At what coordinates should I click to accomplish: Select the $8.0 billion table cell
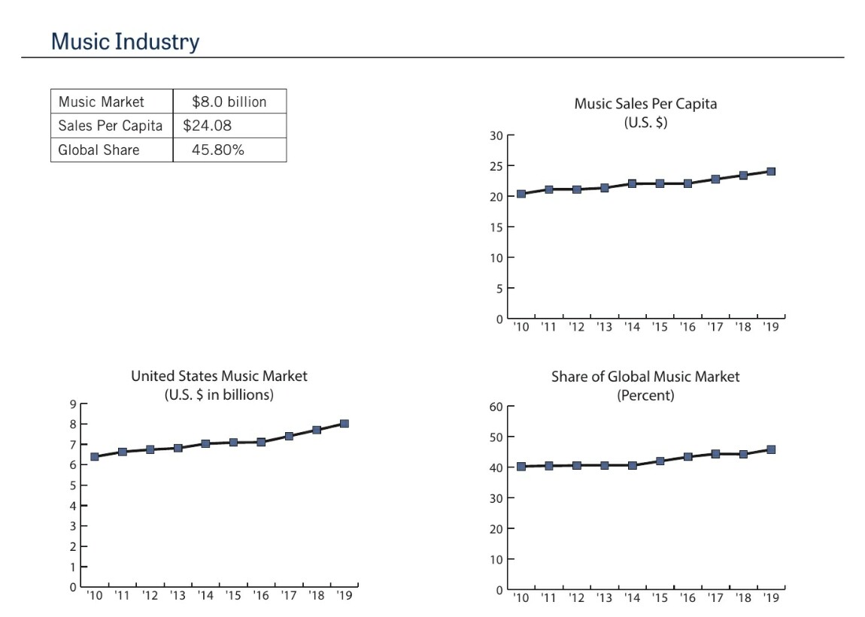tap(229, 101)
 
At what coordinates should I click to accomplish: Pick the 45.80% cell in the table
tap(218, 150)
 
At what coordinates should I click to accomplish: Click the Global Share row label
tap(99, 150)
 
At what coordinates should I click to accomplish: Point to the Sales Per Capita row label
tap(110, 126)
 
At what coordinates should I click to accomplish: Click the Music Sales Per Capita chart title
tap(645, 104)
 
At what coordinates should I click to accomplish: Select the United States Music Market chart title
tap(219, 376)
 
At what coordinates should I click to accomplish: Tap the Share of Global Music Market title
tap(645, 377)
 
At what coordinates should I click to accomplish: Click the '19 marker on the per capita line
tap(771, 171)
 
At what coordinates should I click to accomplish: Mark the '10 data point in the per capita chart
tap(521, 194)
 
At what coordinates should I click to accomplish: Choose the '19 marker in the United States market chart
tap(344, 424)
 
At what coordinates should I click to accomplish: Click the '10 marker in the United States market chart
tap(95, 457)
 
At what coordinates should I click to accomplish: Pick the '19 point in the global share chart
tap(771, 449)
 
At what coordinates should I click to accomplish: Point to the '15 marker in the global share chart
tap(660, 461)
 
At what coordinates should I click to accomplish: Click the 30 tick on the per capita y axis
tap(494, 136)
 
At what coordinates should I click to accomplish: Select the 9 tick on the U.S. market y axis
tap(72, 404)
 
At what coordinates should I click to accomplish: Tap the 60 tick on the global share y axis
tap(494, 407)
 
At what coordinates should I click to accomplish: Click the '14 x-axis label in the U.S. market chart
tap(205, 597)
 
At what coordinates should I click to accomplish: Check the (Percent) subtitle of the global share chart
tap(645, 395)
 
